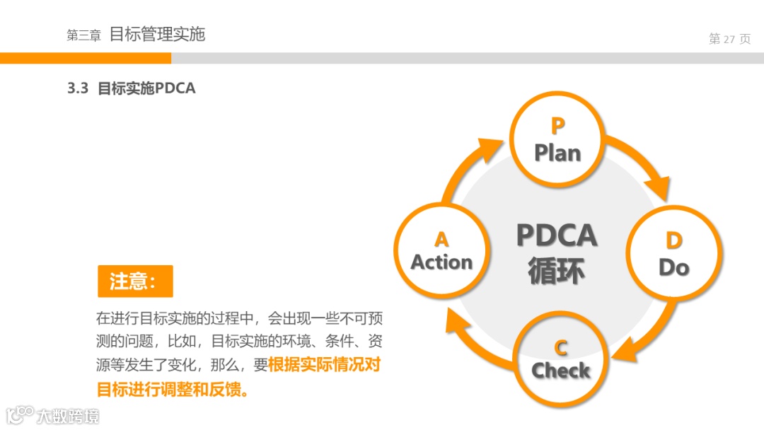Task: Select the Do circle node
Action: coord(673,253)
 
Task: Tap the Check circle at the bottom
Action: coord(560,359)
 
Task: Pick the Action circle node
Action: coord(441,252)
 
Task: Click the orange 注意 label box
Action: coord(135,281)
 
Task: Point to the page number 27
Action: coord(729,39)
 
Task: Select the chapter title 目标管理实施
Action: coord(157,34)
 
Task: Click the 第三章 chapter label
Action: coord(83,35)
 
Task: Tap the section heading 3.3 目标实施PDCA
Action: coord(132,88)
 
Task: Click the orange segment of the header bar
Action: coord(85,58)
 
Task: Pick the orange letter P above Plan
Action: coord(557,126)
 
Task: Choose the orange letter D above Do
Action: coord(673,240)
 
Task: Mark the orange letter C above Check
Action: coord(560,347)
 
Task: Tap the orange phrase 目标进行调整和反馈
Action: coord(173,389)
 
